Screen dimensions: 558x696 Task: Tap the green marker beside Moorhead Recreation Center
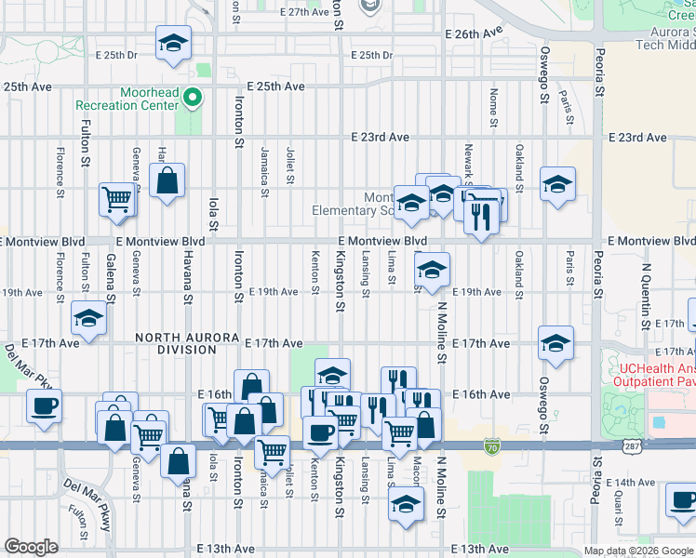click(193, 96)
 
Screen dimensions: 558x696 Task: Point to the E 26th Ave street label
click(474, 33)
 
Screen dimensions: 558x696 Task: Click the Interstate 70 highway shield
click(491, 447)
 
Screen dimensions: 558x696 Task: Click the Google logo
click(31, 547)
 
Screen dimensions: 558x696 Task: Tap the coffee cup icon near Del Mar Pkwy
click(44, 406)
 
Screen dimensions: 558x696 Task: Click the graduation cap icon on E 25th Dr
click(173, 44)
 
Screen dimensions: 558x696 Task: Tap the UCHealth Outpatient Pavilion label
click(657, 374)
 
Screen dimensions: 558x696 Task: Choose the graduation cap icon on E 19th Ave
click(432, 270)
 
